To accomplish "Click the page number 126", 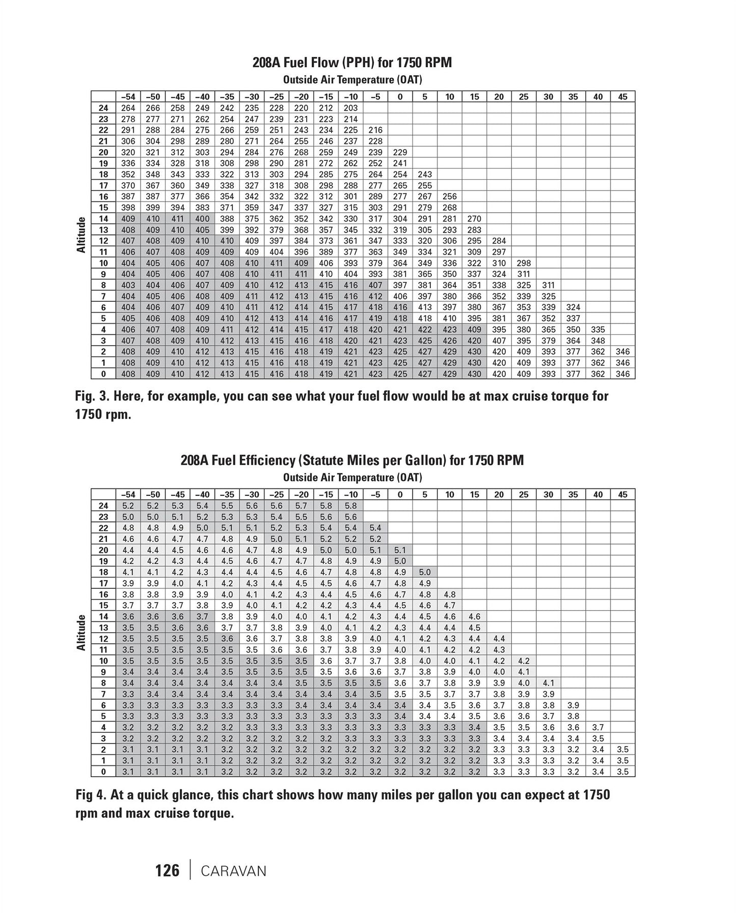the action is [x=168, y=870].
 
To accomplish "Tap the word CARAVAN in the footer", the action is [x=234, y=871].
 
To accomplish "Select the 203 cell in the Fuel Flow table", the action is [x=351, y=108].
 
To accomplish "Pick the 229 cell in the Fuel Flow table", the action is [x=400, y=152].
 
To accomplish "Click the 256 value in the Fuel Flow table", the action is [x=450, y=196].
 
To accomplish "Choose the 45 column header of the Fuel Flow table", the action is [x=623, y=97].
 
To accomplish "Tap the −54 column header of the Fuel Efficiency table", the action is [x=128, y=494].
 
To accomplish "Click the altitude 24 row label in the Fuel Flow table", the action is [x=104, y=108].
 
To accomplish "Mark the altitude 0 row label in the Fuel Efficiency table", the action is [x=104, y=772].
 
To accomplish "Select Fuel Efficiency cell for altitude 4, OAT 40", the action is [x=598, y=727].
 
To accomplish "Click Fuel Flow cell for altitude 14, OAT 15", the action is [x=475, y=219].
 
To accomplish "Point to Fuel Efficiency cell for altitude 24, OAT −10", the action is [x=351, y=506].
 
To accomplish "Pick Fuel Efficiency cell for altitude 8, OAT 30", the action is [x=549, y=683].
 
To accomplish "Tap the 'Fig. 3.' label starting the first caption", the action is [x=92, y=396].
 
